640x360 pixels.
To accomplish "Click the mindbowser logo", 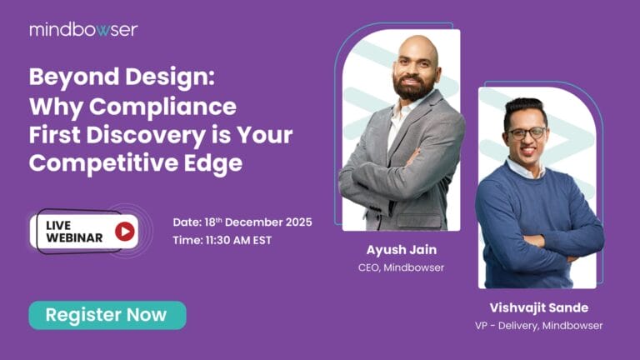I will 83,29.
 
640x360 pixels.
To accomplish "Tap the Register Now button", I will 107,315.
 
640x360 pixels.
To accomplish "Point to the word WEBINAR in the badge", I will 75,238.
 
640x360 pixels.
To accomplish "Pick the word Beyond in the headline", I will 63,78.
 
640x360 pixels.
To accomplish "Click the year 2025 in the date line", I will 297,222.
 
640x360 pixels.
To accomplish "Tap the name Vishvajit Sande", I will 538,307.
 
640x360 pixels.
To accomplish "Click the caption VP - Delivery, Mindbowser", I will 538,325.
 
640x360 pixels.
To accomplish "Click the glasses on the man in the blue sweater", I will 526,132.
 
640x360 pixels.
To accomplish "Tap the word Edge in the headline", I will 215,163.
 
